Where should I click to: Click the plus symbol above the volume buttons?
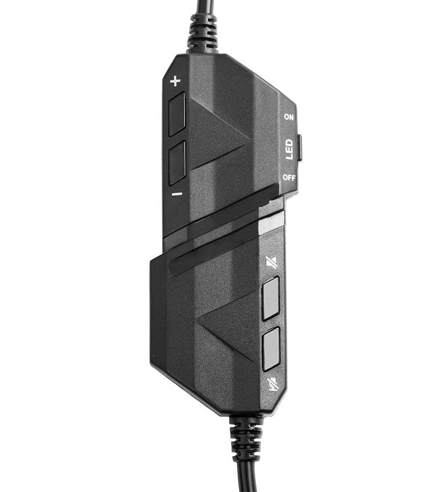pyautogui.click(x=175, y=81)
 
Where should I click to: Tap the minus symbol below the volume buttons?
pyautogui.click(x=177, y=194)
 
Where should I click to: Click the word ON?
pyautogui.click(x=289, y=117)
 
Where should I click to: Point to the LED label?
pyautogui.click(x=289, y=149)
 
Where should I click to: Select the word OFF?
pyautogui.click(x=289, y=178)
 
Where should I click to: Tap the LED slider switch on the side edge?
pyautogui.click(x=299, y=147)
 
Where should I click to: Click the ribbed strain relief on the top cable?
pyautogui.click(x=203, y=34)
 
